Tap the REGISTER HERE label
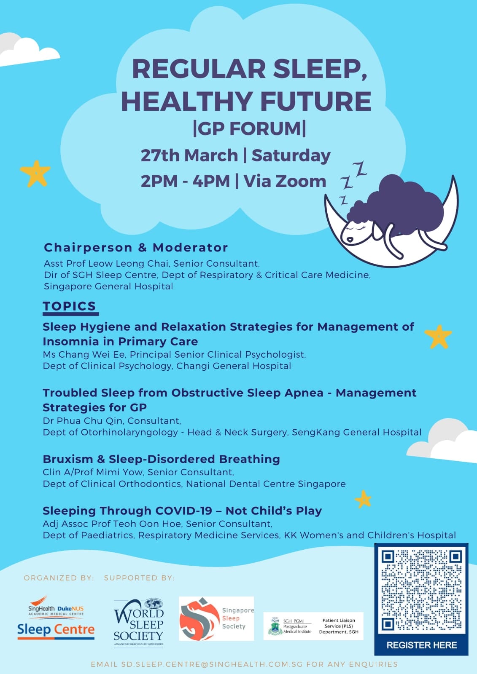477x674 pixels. [x=422, y=645]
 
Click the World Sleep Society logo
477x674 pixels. [x=138, y=623]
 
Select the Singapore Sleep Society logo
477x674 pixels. [x=216, y=619]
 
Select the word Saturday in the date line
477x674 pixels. [x=291, y=156]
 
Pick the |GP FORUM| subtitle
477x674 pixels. [x=250, y=128]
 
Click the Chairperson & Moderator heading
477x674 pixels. [x=136, y=248]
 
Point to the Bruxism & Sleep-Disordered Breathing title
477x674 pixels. [x=161, y=459]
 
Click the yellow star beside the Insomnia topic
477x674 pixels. [x=438, y=337]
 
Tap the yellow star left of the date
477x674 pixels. [x=35, y=174]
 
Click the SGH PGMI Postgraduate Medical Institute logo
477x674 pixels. [x=290, y=626]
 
